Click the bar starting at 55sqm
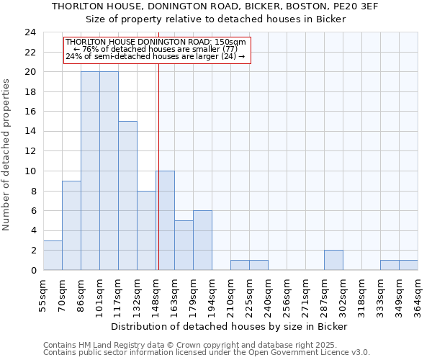coord(53,256)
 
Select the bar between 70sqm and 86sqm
coord(71,225)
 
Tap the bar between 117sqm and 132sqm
coord(127,196)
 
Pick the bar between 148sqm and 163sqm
coord(165,220)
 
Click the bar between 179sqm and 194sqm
coord(202,240)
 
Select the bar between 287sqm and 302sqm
coord(333,260)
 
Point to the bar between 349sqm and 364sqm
coord(408,265)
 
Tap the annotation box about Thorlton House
coord(157,50)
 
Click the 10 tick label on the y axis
coord(30,171)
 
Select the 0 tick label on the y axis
coord(32,270)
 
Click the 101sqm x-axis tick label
coord(100,294)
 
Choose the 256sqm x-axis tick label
coord(287,294)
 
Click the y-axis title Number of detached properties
coord(7,156)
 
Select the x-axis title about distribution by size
coord(231,326)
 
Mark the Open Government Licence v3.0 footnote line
coord(207,352)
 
